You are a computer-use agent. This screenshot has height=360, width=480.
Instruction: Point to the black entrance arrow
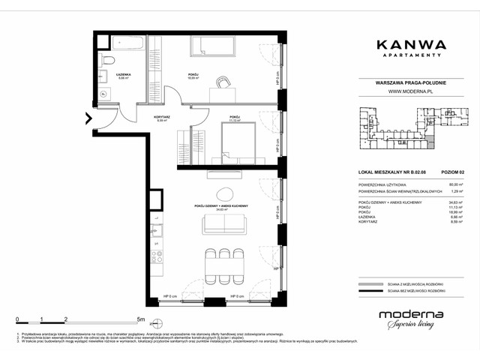coord(88,118)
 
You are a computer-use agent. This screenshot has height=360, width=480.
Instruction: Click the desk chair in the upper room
coord(222,82)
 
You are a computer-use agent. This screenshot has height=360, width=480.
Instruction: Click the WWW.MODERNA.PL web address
coord(409,93)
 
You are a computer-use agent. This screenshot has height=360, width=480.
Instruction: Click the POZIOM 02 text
coord(451,172)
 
